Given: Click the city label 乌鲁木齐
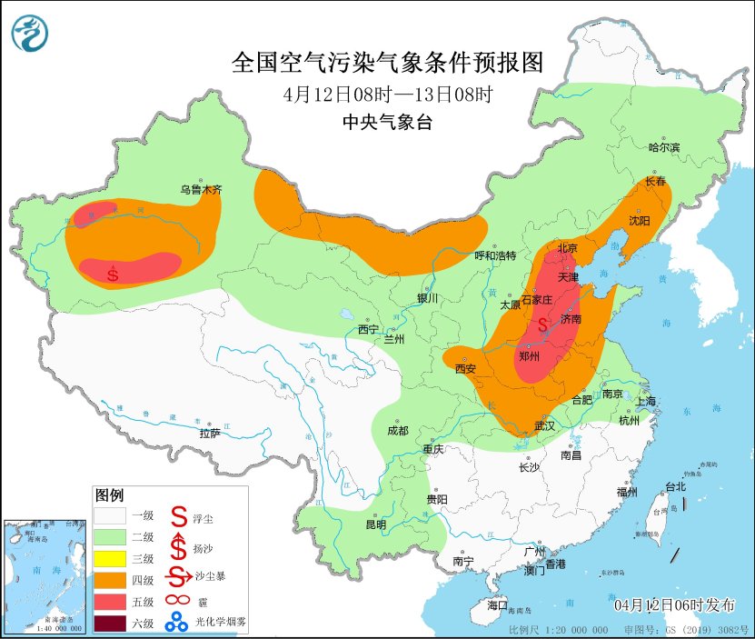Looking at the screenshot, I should (200, 190).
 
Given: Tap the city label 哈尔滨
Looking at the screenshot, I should (663, 147).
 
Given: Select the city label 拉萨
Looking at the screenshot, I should (210, 434).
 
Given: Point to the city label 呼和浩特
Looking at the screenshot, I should (495, 256).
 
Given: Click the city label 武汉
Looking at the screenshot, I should (545, 425).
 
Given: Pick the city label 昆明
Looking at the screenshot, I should (375, 524).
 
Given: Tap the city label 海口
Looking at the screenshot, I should (497, 604).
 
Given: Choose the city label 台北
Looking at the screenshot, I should (676, 486).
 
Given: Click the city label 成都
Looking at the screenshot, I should (398, 430).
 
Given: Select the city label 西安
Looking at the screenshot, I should (466, 369).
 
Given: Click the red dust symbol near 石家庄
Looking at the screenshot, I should (543, 323).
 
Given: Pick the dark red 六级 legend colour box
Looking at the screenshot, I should (111, 624).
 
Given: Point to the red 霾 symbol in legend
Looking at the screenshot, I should (178, 600).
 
